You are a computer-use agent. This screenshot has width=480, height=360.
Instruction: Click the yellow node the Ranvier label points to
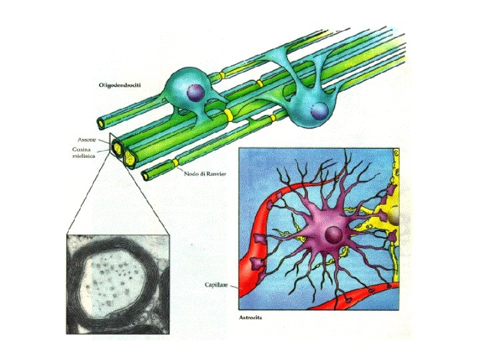click(x=175, y=163)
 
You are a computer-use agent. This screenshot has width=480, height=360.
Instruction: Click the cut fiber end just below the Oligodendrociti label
click(x=101, y=123)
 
